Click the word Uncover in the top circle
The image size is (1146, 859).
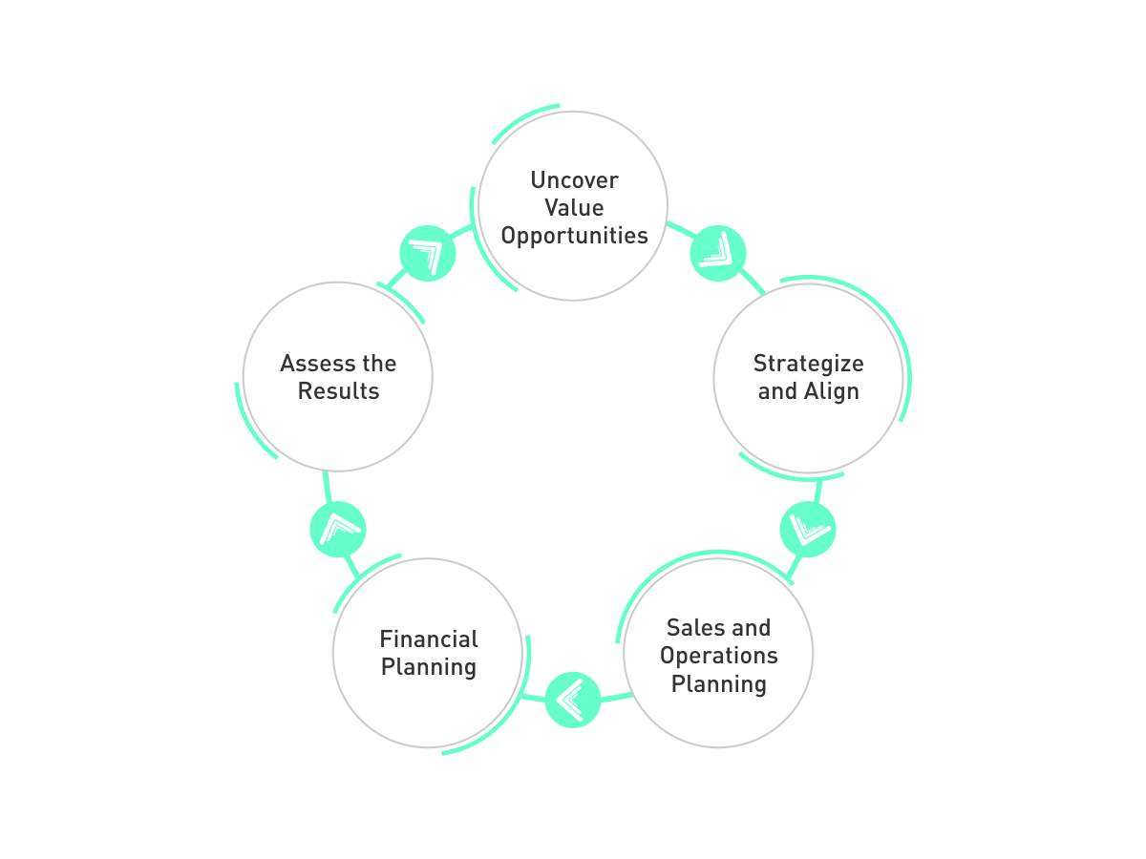coord(574,180)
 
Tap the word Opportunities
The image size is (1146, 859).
coord(574,236)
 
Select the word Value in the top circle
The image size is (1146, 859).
coord(574,208)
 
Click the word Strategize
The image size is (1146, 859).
coord(808,364)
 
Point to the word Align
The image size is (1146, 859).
coord(833,391)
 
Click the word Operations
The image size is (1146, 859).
coord(718,657)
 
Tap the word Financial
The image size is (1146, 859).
coord(429,639)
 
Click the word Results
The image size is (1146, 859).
coord(338,391)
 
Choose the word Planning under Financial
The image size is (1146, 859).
coord(429,667)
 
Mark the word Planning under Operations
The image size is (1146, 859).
coord(718,684)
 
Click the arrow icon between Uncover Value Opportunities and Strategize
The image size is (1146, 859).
coord(718,254)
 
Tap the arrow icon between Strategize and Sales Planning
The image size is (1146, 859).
coord(808,530)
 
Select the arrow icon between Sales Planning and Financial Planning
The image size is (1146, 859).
coord(573,700)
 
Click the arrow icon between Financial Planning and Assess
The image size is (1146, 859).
coord(338,530)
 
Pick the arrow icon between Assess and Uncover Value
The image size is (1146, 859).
coord(428,254)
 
